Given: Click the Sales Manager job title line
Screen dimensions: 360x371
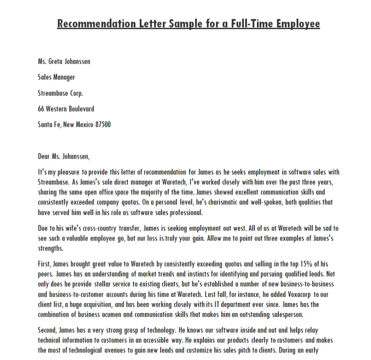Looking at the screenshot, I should tap(56, 77).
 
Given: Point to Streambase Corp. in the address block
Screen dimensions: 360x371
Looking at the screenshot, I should tap(60, 93).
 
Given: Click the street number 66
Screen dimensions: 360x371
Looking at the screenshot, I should tap(41, 109).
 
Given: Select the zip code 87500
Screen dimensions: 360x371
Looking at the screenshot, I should tap(103, 125).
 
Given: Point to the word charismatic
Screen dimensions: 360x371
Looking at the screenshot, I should tap(197, 202).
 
